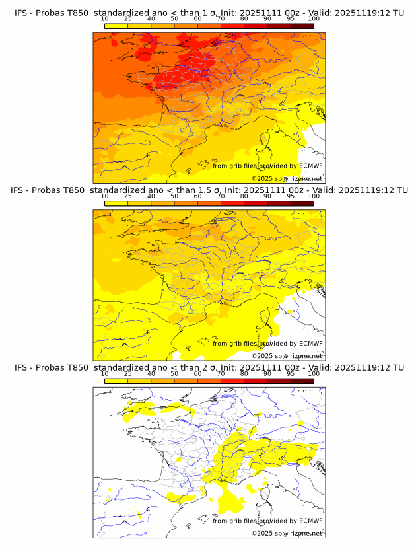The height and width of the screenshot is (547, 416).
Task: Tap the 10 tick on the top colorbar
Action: point(105,18)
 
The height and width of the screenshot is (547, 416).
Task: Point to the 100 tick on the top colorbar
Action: point(314,18)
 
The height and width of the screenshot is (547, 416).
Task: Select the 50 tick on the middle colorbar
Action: point(174,196)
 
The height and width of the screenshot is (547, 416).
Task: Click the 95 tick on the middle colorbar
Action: point(291,196)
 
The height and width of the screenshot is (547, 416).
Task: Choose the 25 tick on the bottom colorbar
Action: point(128,373)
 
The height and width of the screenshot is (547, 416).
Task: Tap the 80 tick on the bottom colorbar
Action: point(244,373)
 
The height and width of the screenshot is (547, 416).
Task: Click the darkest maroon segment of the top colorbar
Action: point(302,26)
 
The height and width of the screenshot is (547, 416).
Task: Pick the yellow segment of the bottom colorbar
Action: point(116,381)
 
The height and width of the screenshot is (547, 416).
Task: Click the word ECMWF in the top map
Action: point(310,166)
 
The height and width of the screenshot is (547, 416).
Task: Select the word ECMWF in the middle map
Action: point(310,344)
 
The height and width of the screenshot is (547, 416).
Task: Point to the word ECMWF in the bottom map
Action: point(310,521)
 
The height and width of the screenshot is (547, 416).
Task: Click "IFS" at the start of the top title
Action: point(21,13)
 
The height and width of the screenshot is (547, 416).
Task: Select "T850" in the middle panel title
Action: point(76,190)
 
